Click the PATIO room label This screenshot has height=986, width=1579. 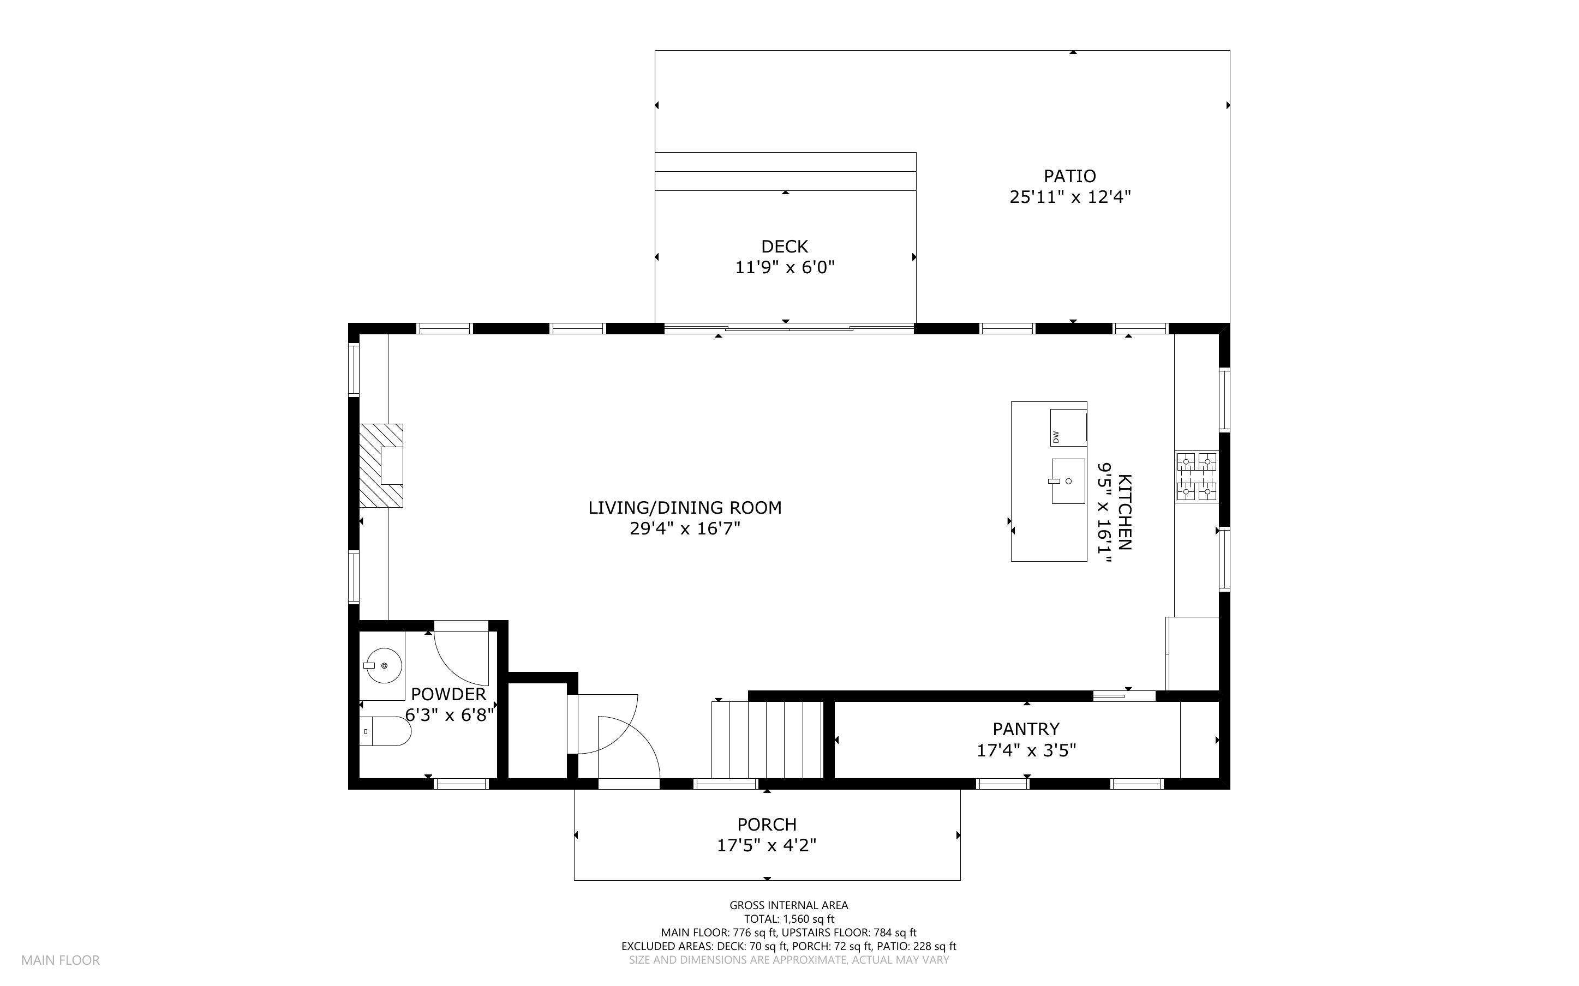[1069, 176]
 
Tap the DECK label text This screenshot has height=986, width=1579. [785, 246]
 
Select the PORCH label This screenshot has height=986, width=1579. [767, 824]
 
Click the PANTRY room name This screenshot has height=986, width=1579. [1026, 729]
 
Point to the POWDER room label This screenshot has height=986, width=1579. [448, 694]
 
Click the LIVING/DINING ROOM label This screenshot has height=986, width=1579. [685, 507]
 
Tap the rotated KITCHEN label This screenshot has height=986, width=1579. [1125, 512]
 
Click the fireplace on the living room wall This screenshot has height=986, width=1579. [381, 466]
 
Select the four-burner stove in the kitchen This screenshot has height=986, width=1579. [1196, 477]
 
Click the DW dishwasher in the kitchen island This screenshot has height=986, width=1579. [1068, 428]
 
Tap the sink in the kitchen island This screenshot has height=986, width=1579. [1068, 481]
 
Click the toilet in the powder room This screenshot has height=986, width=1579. [385, 732]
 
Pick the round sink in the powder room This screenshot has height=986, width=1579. [384, 666]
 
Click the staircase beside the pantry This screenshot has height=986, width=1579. [767, 739]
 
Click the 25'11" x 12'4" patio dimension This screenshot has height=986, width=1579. [1069, 197]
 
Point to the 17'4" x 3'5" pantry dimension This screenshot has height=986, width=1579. [1026, 750]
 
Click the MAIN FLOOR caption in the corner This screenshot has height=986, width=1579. [61, 960]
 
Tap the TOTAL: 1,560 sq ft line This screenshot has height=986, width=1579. [788, 919]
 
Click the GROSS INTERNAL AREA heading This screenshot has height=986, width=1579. [788, 905]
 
